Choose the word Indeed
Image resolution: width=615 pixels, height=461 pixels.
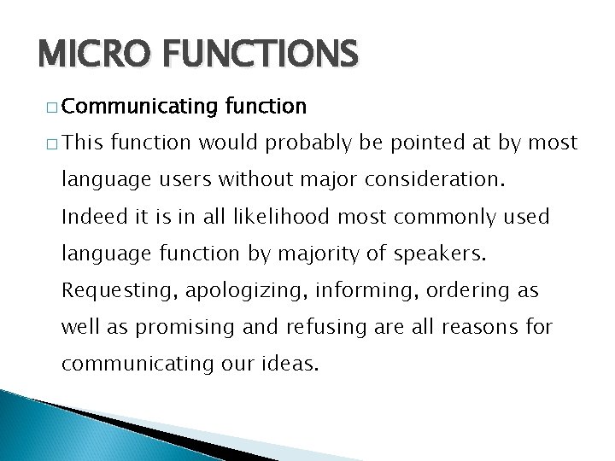coord(90,218)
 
